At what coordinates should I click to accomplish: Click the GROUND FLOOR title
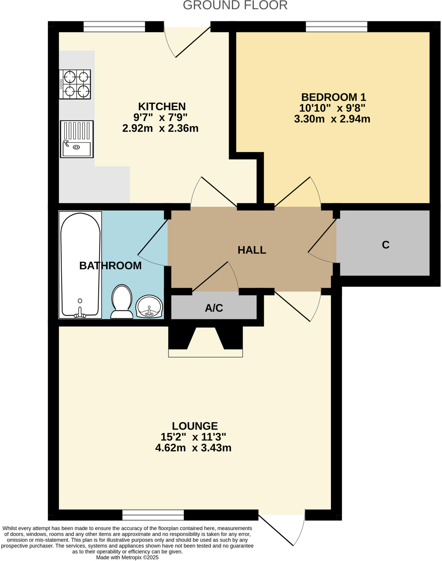(235, 5)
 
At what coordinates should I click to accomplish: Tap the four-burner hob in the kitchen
(74, 84)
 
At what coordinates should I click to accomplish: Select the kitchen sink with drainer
(77, 139)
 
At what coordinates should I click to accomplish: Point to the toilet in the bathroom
(122, 302)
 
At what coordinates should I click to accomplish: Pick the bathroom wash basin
(150, 307)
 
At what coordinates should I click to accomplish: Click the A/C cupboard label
(214, 308)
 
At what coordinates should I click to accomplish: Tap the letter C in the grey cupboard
(385, 245)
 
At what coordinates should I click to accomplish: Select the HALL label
(252, 250)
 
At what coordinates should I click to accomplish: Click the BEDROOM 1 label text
(333, 97)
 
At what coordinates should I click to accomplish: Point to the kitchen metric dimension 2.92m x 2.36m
(160, 128)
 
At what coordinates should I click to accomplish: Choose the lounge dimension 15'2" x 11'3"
(193, 437)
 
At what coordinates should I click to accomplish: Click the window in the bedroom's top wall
(336, 27)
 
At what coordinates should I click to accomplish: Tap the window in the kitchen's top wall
(114, 27)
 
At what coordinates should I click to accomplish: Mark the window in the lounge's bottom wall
(153, 515)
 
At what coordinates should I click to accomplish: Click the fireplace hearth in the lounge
(205, 353)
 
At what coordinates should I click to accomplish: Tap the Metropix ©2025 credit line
(127, 557)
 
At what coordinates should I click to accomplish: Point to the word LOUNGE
(195, 426)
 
